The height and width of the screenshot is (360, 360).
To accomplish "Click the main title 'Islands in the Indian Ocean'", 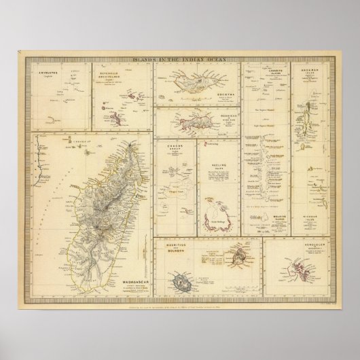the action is pos(179,61).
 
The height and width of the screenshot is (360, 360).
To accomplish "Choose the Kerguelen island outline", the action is pos(302,270).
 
